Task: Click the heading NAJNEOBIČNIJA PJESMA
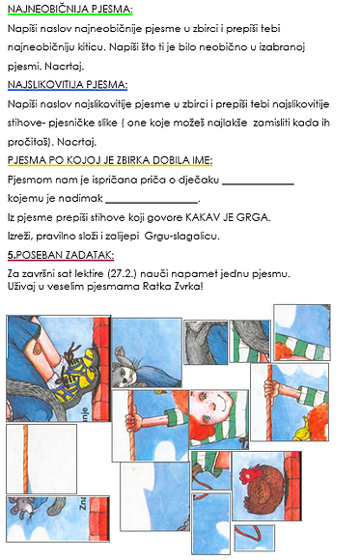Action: point(69,10)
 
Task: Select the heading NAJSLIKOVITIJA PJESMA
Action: point(67,84)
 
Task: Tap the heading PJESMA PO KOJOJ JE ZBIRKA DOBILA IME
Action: point(109,160)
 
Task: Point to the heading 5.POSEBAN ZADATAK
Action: point(59,255)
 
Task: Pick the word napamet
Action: point(210,274)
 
